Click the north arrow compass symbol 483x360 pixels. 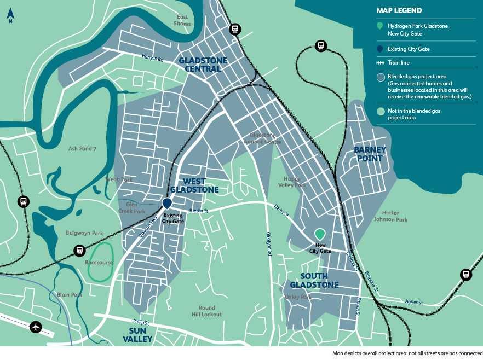click(10, 16)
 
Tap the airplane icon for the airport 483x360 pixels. click(36, 327)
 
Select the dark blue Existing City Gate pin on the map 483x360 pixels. click(167, 204)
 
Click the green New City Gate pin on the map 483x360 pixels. click(320, 234)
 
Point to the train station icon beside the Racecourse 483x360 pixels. click(79, 251)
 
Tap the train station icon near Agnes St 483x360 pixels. click(465, 275)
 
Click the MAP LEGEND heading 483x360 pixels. click(400, 10)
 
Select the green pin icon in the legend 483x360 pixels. click(380, 26)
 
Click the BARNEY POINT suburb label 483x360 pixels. click(370, 154)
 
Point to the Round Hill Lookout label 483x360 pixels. click(206, 311)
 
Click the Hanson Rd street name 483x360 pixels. click(152, 57)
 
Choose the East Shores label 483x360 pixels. click(182, 20)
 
